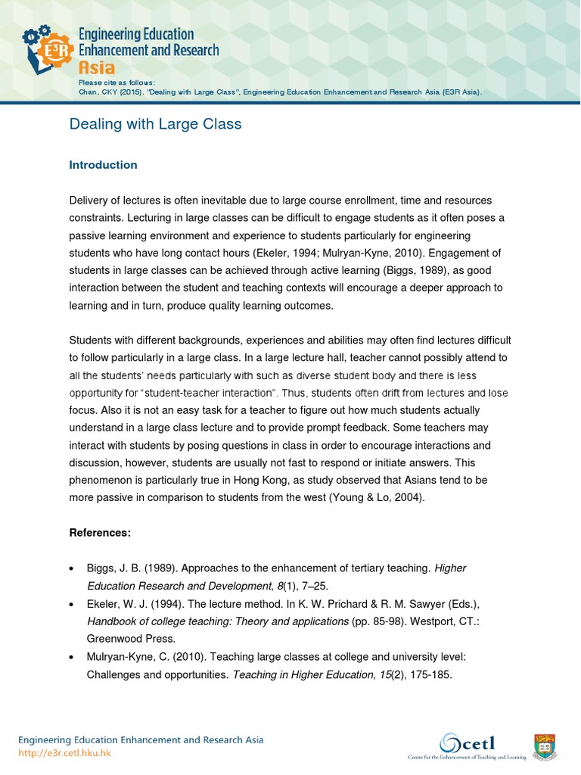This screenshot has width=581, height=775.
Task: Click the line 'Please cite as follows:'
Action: pyautogui.click(x=117, y=82)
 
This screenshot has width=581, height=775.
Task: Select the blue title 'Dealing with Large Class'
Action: pyautogui.click(x=155, y=124)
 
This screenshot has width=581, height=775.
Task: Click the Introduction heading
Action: pyautogui.click(x=103, y=165)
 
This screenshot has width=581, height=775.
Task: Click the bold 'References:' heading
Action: pyautogui.click(x=100, y=533)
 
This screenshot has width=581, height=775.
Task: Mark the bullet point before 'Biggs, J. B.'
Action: pyautogui.click(x=71, y=568)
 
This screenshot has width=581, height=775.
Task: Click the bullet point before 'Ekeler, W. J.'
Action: pyautogui.click(x=71, y=604)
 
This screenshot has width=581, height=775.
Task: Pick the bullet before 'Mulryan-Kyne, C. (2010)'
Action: pyautogui.click(x=71, y=656)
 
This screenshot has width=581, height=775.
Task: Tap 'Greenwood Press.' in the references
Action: pyautogui.click(x=124, y=638)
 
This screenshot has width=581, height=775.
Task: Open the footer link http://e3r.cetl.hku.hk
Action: pyautogui.click(x=64, y=753)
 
